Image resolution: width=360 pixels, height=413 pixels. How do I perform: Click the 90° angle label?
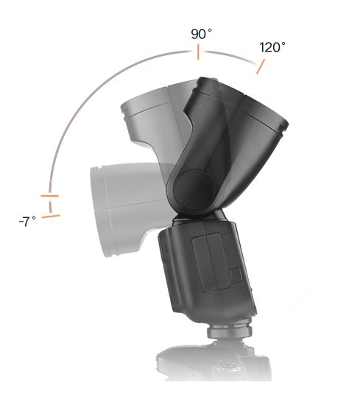pos(202,35)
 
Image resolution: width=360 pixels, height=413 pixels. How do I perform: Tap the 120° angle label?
pos(272,47)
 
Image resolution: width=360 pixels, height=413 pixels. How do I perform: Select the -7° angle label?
pos(27,222)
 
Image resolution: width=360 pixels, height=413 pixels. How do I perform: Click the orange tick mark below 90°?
pos(198,52)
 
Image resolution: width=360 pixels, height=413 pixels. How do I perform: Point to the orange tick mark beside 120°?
pos(261,66)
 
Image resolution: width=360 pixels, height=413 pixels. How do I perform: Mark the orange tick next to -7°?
pos(51,216)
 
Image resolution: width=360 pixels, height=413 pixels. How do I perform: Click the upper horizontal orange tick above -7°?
pos(49,196)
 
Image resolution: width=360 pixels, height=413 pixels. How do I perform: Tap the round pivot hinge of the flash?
pos(193,189)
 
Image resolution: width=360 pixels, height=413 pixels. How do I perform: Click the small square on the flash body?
pos(236,275)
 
